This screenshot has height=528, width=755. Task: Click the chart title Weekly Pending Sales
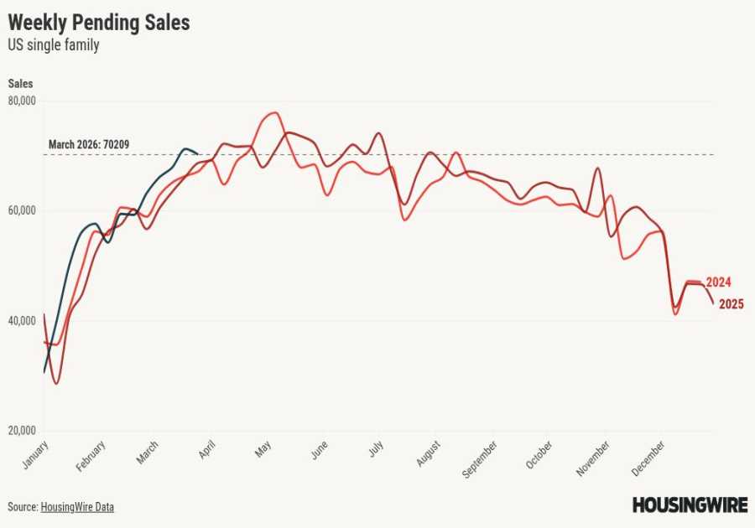99,23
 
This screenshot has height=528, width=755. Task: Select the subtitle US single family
54,45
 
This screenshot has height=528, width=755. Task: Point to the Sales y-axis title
21,84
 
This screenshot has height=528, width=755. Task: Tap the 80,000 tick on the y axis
23,101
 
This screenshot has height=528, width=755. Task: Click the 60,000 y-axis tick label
23,210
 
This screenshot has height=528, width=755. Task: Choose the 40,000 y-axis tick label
23,321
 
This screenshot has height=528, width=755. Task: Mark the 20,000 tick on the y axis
23,431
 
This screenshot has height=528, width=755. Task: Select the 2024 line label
718,282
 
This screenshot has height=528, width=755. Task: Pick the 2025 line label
730,303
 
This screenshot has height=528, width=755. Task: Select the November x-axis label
593,460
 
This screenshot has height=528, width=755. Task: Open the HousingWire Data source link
77,507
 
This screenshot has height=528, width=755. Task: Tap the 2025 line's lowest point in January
56,383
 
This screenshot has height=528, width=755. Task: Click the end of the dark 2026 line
197,153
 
